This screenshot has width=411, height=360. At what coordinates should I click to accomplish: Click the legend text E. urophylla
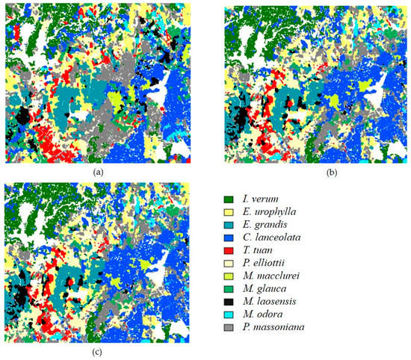(265, 214)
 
